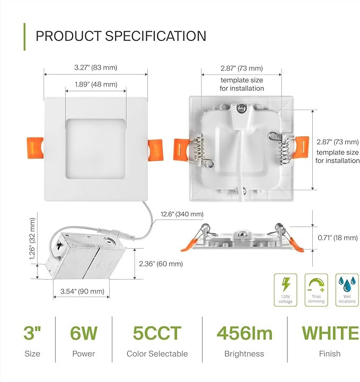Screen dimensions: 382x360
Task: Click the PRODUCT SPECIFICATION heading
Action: [x=121, y=36]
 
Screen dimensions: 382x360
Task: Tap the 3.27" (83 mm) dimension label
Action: [x=96, y=67]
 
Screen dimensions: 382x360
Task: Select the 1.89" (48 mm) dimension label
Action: [x=96, y=84]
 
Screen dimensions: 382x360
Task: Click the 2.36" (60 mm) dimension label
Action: [x=161, y=264]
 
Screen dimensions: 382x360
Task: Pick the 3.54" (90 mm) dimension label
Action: [x=82, y=291]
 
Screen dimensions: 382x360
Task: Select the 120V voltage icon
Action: [x=285, y=290]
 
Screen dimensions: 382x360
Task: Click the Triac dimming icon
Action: [x=316, y=290]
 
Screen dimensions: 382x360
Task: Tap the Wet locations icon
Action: [x=347, y=290]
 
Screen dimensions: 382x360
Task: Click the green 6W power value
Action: [x=84, y=334]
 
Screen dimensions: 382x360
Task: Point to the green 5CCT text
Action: [x=157, y=334]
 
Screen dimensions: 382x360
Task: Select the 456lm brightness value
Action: [x=244, y=334]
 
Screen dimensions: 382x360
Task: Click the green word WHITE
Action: [x=330, y=334]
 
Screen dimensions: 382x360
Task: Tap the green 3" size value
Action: [x=32, y=334]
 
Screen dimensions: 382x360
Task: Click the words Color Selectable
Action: [x=157, y=353]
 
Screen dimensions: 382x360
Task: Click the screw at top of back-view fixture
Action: [x=242, y=109]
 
